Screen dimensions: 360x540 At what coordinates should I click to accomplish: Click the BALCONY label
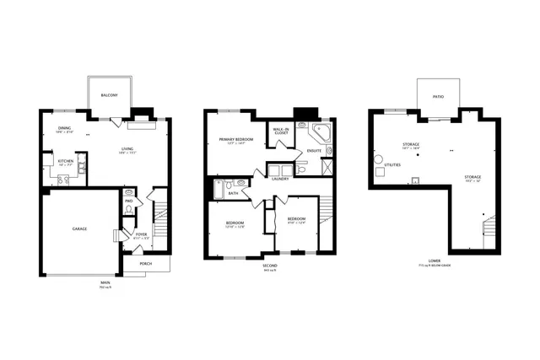[109, 96]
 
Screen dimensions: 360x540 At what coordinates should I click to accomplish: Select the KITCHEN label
[66, 160]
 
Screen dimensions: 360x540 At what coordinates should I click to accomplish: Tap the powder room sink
[128, 192]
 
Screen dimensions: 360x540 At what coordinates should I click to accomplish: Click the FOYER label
[130, 234]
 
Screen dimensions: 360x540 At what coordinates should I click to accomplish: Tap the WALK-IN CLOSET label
[280, 131]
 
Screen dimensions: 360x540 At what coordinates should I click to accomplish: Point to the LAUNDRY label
[281, 178]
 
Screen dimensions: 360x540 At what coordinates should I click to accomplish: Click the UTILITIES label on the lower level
[392, 164]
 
